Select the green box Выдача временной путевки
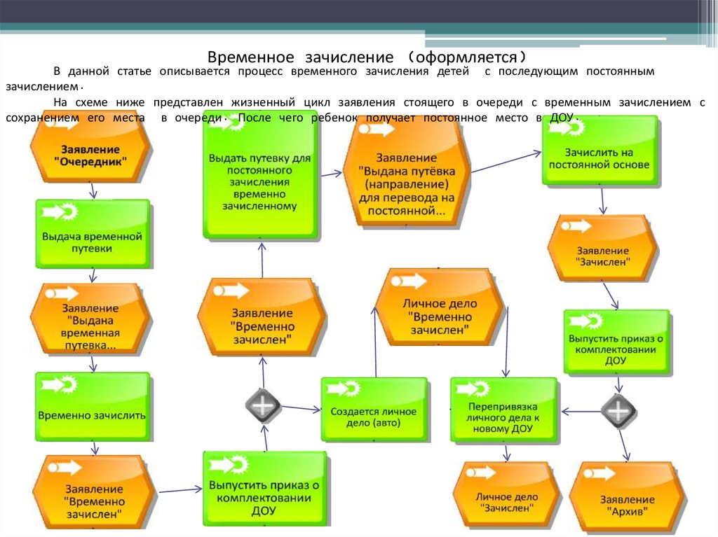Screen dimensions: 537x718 tap(93, 235)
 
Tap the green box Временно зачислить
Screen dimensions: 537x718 tap(93, 406)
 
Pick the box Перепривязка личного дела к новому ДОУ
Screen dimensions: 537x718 tap(503, 410)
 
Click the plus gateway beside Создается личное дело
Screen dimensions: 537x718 tap(263, 405)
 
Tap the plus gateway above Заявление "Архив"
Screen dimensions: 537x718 tap(618, 410)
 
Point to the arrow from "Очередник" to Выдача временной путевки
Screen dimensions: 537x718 tap(93, 190)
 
